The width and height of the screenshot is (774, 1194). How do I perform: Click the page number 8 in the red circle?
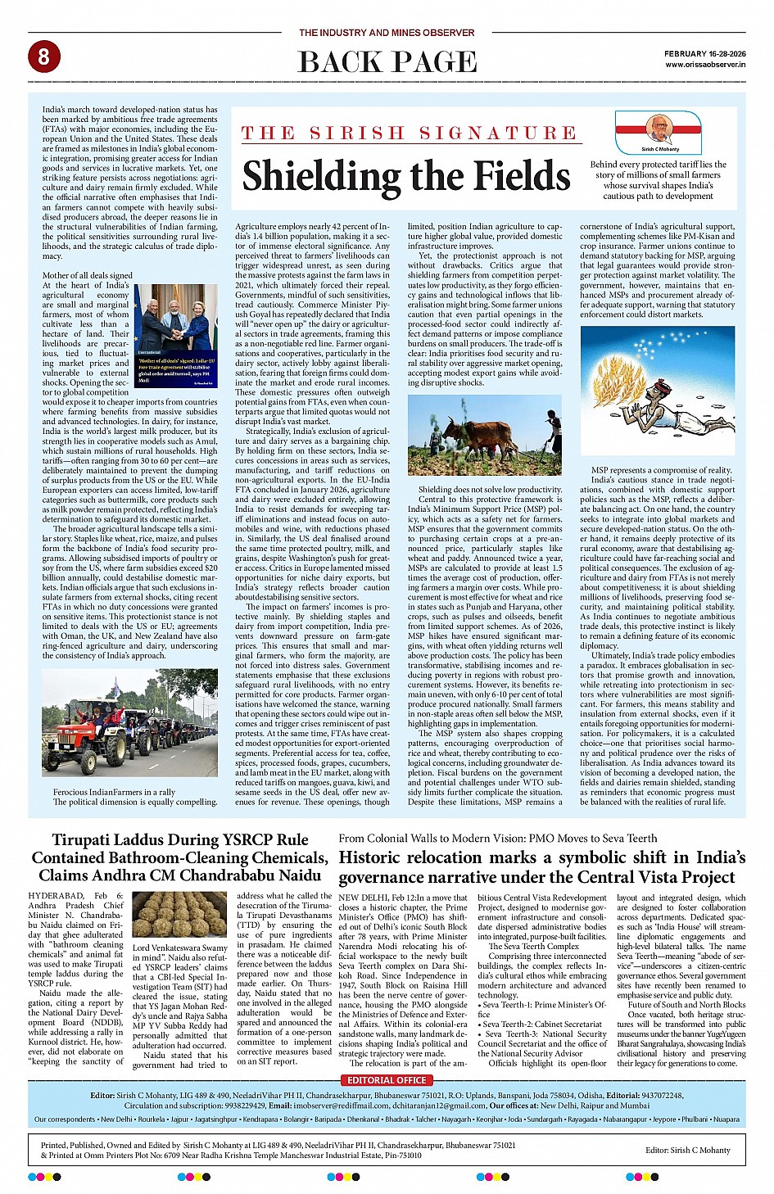(43, 57)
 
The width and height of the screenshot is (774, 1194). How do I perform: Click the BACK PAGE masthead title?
(387, 62)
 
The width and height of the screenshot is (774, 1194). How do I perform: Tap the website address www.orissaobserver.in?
(704, 64)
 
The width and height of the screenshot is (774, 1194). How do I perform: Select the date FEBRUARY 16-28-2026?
(704, 53)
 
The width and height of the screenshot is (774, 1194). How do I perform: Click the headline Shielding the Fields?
(405, 176)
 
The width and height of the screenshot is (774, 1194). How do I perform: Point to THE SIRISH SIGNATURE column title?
(409, 133)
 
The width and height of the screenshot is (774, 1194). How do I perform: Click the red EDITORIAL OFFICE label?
(387, 1080)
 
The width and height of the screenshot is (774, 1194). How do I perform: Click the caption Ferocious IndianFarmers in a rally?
(114, 792)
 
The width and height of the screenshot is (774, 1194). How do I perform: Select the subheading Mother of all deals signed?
(87, 275)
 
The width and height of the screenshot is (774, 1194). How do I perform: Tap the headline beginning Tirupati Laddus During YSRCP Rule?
(179, 857)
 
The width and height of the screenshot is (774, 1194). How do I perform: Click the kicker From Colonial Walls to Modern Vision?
(497, 838)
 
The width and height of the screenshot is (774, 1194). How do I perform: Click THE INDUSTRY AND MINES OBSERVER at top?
(387, 33)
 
